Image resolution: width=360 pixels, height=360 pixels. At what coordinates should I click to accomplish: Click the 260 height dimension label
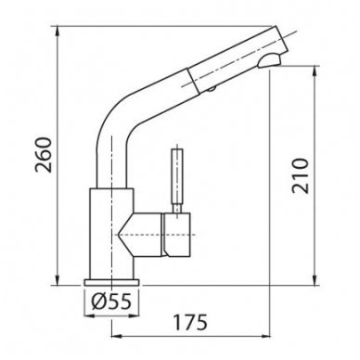(43, 155)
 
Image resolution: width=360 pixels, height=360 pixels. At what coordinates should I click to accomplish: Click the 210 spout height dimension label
(300, 175)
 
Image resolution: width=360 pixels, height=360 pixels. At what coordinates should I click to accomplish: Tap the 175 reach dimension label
(189, 322)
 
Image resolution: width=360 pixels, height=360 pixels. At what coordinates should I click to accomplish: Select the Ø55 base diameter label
(111, 301)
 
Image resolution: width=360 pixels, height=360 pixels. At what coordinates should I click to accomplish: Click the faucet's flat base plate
(111, 282)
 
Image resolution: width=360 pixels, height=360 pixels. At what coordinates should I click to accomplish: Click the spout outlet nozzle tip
(269, 61)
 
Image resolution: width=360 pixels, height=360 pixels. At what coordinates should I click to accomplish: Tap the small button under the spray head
(212, 89)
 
